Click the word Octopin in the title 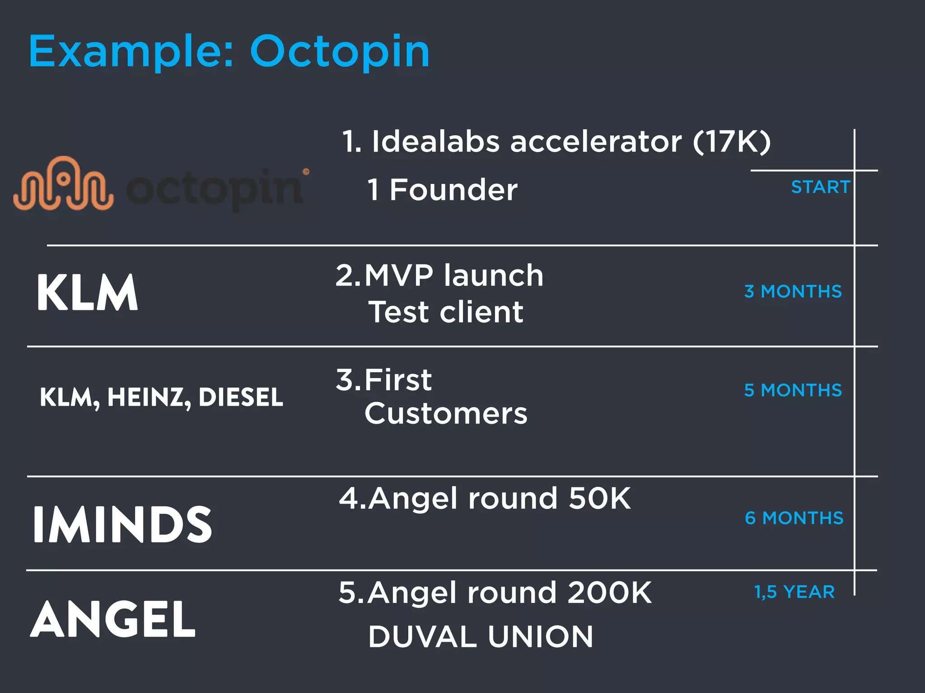tap(340, 52)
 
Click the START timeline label tap(820, 187)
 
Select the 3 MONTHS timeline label tap(793, 291)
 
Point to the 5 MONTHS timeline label tap(793, 390)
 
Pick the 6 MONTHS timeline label tap(794, 518)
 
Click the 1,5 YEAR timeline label tap(794, 592)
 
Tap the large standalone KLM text tap(87, 293)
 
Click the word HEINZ tap(145, 397)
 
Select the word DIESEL tap(241, 397)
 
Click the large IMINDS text tap(122, 524)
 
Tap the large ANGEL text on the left tap(113, 619)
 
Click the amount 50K tap(599, 499)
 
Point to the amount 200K tap(609, 592)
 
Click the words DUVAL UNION tap(481, 637)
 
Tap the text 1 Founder tap(442, 189)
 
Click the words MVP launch tap(453, 275)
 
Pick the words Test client tap(446, 312)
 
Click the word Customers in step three tap(446, 413)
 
